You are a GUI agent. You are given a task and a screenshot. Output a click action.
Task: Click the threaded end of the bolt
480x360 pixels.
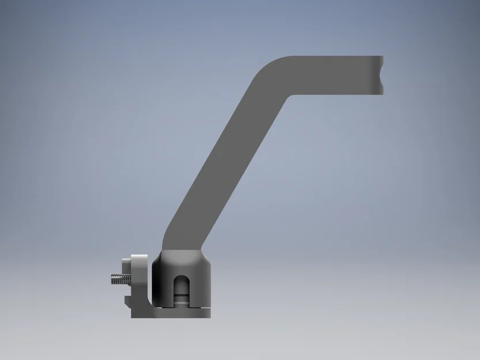click(115, 280)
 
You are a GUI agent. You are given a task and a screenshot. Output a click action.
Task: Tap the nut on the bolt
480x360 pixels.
click(125, 274)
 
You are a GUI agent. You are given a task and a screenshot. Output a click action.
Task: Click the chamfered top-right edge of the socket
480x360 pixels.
click(207, 257)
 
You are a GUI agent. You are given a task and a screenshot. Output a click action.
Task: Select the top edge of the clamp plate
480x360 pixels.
click(139, 255)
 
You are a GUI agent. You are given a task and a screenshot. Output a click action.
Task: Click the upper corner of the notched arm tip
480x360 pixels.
click(382, 57)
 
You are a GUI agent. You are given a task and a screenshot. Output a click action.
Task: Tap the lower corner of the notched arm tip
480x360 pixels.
click(382, 93)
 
